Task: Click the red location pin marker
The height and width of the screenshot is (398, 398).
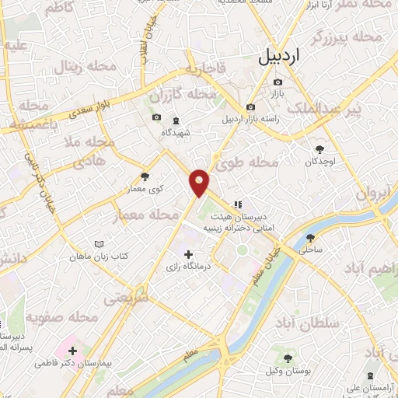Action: click(200, 182)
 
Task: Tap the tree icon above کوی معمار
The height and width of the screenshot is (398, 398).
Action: click(145, 176)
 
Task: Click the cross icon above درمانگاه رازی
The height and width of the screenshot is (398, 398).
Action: click(187, 254)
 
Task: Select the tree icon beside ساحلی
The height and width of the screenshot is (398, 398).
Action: click(311, 238)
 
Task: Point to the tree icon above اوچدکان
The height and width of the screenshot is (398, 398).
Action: click(319, 148)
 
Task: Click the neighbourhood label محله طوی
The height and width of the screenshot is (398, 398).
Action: click(253, 163)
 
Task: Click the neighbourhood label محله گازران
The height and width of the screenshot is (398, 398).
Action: click(183, 96)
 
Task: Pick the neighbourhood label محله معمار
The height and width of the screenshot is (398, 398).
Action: click(147, 214)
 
